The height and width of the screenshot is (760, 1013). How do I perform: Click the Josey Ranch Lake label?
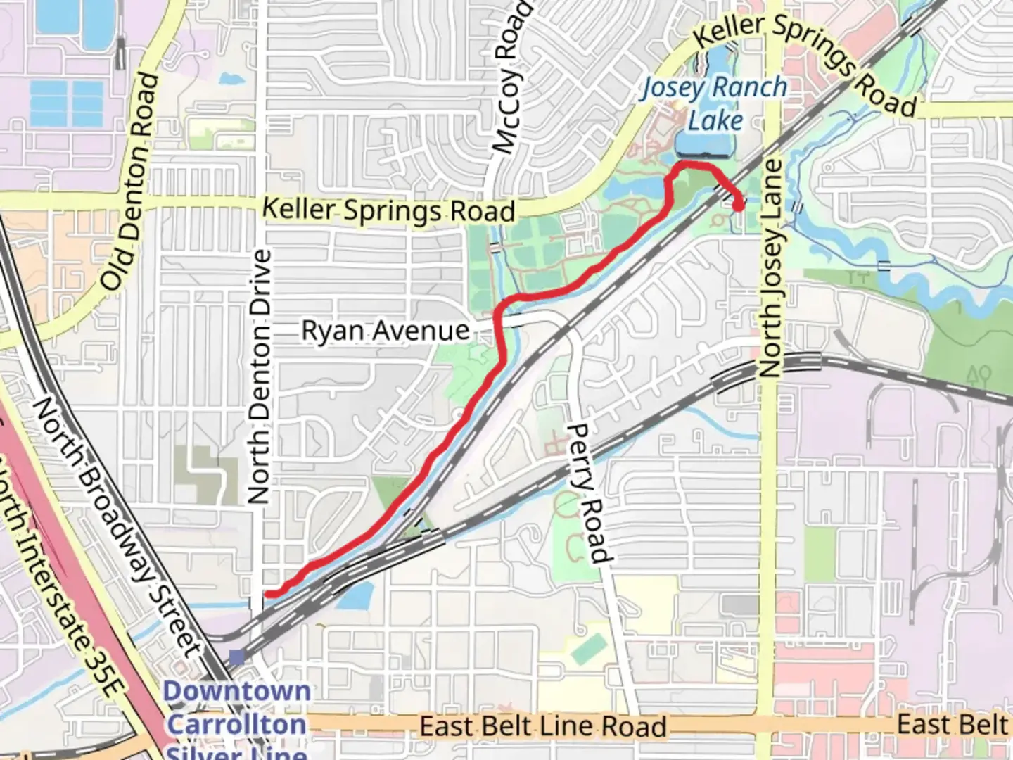[x=714, y=103]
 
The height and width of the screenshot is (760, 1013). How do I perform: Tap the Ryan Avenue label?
[x=385, y=330]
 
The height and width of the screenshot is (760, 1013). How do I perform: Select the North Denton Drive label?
[x=260, y=376]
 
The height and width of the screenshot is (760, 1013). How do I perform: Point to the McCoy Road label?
[x=511, y=77]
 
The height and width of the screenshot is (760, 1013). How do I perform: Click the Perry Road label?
[x=587, y=493]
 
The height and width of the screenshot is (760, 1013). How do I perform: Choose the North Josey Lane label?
[x=771, y=267]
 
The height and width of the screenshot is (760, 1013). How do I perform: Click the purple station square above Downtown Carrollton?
[x=237, y=657]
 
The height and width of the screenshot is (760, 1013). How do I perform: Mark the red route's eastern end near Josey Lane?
[x=739, y=205]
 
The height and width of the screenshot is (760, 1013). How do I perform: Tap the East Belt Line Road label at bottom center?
[x=543, y=726]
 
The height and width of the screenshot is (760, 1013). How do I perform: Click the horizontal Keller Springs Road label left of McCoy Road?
[x=388, y=210]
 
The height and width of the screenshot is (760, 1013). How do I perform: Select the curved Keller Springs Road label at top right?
[x=805, y=60]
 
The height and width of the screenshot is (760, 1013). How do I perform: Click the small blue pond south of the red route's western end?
[x=356, y=597]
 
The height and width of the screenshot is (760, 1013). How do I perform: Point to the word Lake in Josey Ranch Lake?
[x=715, y=120]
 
